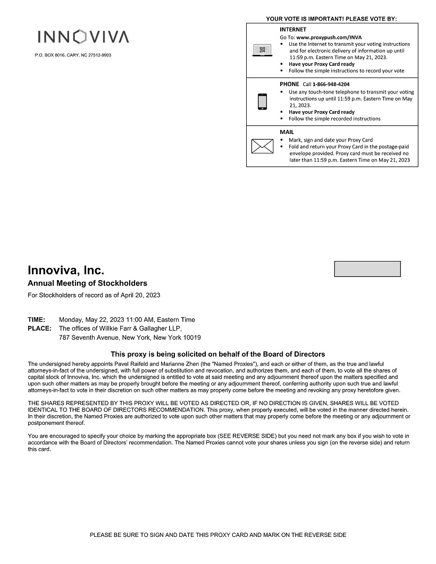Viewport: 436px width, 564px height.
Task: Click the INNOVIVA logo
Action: tap(83, 37)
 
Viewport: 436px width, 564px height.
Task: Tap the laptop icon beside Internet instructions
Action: tap(262, 50)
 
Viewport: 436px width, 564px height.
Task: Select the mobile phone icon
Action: tap(262, 102)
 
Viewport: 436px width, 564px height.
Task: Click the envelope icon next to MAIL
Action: tap(262, 146)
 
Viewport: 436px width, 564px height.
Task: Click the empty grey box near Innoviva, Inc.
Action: tap(367, 269)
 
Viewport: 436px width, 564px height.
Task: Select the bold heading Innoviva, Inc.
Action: tap(66, 271)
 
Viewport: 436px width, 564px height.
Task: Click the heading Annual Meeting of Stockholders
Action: tap(87, 283)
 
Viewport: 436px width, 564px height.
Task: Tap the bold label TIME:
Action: tap(36, 319)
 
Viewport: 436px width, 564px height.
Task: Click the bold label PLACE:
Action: tap(39, 329)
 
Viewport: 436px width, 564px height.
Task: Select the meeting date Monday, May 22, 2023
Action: tap(91, 319)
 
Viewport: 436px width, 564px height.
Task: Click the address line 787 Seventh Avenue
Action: tap(130, 338)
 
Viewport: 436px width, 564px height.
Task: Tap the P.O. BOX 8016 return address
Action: tap(73, 55)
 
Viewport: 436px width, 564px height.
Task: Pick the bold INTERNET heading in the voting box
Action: tap(293, 29)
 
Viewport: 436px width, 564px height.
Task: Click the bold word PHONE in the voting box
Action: tap(289, 84)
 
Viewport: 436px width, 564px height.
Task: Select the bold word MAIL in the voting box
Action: tap(287, 132)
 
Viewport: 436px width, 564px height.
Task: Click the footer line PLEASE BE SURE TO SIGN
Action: tap(218, 535)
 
